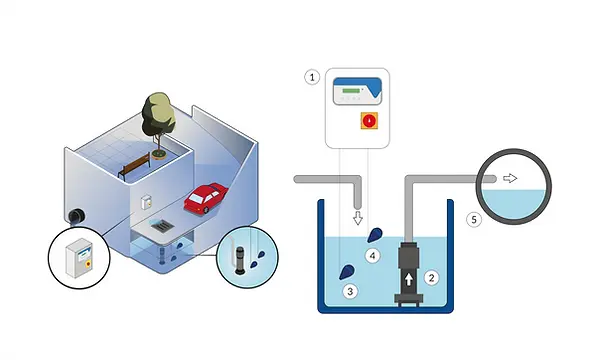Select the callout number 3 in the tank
(x=350, y=292)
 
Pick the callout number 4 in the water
(x=373, y=257)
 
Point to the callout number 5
(x=476, y=218)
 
